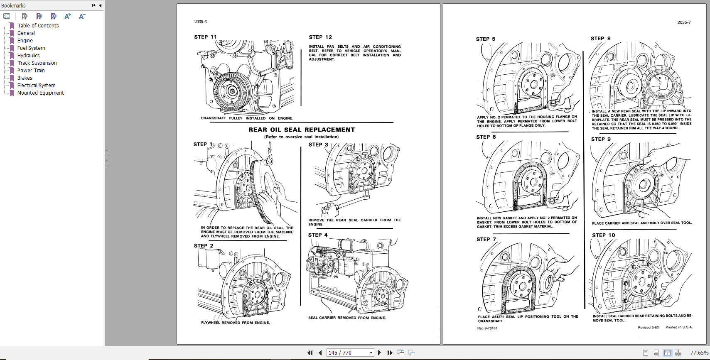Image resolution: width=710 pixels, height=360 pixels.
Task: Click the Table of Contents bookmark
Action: click(38, 26)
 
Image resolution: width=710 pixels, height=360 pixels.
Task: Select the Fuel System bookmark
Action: click(31, 48)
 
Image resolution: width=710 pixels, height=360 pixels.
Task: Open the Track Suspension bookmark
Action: click(37, 63)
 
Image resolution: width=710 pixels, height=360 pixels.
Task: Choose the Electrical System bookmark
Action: click(36, 86)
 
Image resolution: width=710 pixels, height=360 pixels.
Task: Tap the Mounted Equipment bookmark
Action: click(40, 93)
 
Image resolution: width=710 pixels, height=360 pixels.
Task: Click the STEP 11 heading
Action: click(205, 37)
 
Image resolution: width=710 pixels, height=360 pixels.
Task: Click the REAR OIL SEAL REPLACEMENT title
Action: click(302, 130)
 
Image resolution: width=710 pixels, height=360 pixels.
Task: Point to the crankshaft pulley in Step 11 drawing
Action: click(231, 91)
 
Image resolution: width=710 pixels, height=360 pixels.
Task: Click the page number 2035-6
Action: click(200, 22)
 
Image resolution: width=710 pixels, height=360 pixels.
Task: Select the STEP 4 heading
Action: click(318, 235)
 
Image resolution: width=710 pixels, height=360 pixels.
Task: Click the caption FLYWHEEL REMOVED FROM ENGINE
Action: click(235, 323)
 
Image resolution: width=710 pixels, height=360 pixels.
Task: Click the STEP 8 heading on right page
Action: click(600, 39)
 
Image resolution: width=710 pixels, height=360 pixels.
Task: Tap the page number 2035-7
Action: click(684, 22)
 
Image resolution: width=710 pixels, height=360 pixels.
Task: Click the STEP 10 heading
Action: click(603, 235)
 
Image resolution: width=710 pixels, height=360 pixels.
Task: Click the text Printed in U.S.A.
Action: click(678, 327)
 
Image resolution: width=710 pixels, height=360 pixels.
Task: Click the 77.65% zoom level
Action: click(699, 353)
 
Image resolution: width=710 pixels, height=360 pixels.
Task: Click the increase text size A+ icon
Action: click(68, 17)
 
